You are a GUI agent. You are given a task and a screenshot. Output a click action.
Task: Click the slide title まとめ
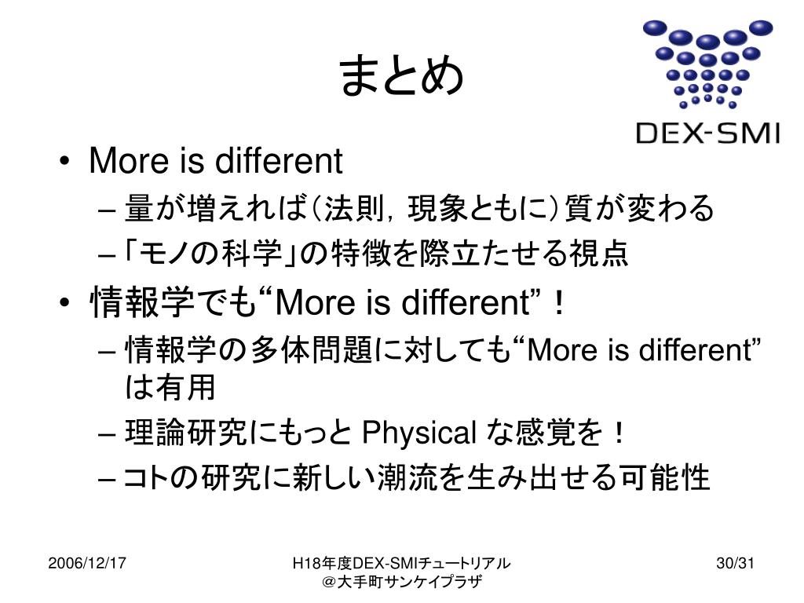(x=401, y=77)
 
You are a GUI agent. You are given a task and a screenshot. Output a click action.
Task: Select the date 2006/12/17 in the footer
(x=89, y=563)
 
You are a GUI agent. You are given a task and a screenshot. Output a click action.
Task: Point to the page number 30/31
(x=735, y=563)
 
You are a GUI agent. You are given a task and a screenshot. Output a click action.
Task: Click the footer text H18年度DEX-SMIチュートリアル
(x=401, y=563)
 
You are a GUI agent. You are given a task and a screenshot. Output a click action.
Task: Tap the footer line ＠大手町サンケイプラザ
(x=401, y=582)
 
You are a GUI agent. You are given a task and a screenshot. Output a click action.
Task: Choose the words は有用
(x=170, y=386)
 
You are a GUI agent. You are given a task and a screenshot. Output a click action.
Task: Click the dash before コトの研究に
(x=109, y=477)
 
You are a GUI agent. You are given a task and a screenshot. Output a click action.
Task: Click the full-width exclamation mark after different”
(x=559, y=302)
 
